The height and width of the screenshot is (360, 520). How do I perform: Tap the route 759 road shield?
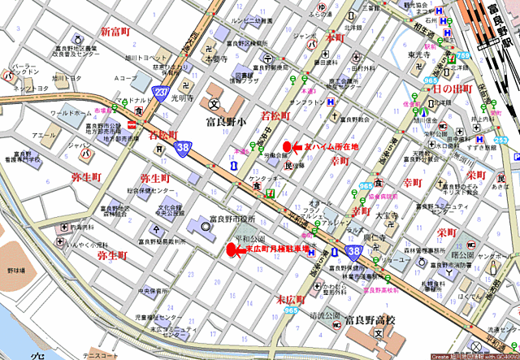[463, 55]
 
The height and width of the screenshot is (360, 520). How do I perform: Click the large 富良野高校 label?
[369, 320]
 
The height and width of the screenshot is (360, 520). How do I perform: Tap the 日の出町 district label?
[452, 88]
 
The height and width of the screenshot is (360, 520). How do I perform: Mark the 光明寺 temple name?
[184, 98]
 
